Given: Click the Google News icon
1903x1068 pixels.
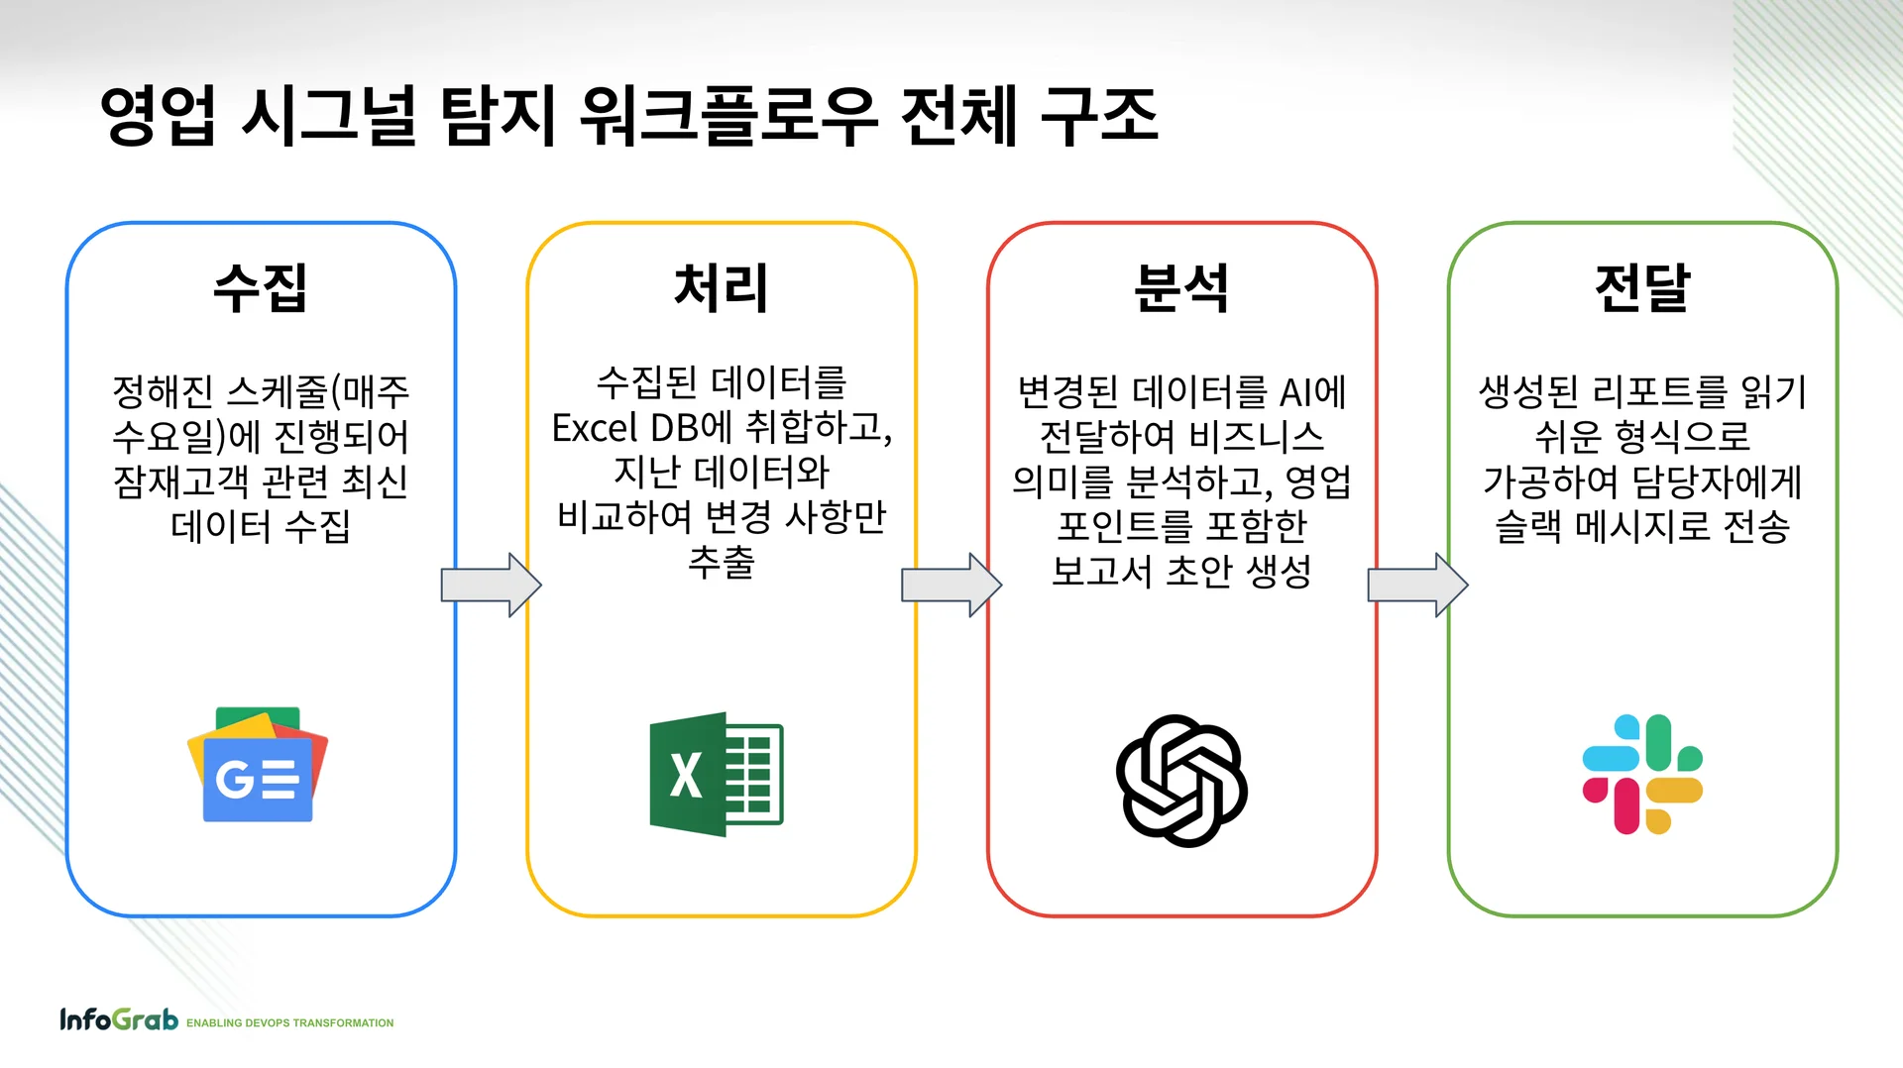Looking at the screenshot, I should point(258,765).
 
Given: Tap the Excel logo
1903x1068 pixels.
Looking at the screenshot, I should point(716,774).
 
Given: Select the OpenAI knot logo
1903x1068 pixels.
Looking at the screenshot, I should point(1181,781).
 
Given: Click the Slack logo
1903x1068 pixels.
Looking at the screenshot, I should point(1642,774).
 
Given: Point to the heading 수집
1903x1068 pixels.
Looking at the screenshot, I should point(261,288).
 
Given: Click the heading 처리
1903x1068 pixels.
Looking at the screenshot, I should point(721,288).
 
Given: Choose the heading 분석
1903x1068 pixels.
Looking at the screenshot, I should point(1181,288).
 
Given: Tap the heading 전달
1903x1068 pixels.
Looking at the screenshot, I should point(1642,288).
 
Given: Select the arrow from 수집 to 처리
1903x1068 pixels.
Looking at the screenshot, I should point(491,586).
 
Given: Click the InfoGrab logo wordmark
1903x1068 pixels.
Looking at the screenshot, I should point(119,1019).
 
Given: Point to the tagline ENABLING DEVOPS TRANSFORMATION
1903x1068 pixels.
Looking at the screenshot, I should point(289,1023).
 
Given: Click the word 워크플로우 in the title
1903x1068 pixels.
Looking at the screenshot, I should point(728,116).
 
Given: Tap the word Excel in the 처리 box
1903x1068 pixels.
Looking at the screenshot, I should point(595,428).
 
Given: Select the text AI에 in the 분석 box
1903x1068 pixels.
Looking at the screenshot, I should point(1313,393).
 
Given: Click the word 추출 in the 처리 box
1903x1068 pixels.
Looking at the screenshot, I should point(721,562).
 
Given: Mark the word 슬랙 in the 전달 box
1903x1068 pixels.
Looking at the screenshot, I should point(1527,526).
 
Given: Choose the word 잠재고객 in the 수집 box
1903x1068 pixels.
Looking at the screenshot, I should point(181,481).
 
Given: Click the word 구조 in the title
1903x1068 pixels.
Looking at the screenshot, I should point(1099,116).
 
